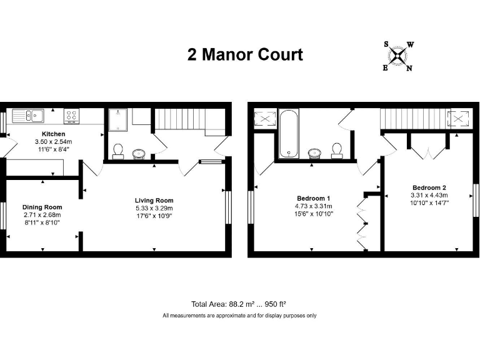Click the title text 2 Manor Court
coord(245,54)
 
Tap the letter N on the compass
coord(409,68)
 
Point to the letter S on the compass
coord(386,44)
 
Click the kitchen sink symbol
coord(29,115)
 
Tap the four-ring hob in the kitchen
coord(72,115)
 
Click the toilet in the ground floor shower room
coord(117,151)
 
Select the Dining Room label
coord(42,207)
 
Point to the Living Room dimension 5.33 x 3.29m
coord(154,208)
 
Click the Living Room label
coord(154,200)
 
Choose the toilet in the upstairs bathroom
coord(337,149)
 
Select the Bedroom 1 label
coord(314,198)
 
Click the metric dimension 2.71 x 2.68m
coord(42,215)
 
